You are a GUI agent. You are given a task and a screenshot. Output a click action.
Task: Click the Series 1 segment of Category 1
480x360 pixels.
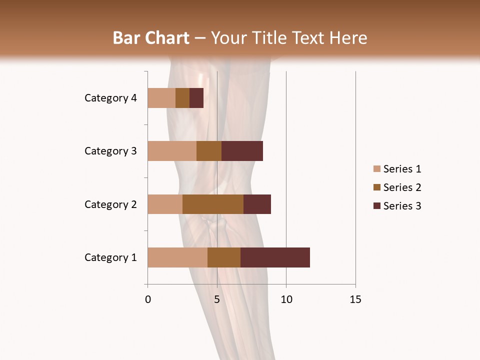[177, 257]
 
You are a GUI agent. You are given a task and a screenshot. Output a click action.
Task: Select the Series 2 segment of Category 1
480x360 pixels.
[224, 257]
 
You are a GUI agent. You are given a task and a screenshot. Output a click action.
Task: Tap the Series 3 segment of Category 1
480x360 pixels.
[275, 257]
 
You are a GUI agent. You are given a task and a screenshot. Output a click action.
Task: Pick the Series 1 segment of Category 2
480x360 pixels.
[165, 204]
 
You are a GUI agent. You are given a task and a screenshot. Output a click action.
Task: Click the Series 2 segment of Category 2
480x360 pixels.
[213, 204]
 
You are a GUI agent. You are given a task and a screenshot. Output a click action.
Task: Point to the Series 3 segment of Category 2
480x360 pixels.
[257, 204]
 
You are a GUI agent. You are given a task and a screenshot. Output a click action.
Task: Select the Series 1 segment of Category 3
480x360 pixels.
[172, 151]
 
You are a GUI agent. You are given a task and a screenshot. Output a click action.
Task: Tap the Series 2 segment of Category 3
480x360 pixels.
[209, 151]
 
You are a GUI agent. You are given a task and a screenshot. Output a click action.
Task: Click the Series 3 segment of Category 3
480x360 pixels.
[242, 151]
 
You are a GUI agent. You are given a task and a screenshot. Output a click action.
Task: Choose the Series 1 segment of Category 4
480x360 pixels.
[161, 98]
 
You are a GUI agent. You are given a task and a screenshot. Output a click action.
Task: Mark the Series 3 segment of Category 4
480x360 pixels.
[196, 98]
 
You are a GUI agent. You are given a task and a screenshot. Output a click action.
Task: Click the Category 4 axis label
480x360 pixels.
[110, 98]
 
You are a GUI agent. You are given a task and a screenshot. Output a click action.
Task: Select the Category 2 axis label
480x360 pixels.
[110, 204]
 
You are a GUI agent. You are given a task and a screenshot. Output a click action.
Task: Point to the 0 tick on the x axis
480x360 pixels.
[148, 299]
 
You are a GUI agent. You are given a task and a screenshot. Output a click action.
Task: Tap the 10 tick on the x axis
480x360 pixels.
[286, 299]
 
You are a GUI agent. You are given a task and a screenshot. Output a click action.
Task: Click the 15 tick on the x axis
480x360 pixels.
[355, 299]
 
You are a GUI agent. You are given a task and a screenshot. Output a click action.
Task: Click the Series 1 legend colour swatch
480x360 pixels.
[376, 169]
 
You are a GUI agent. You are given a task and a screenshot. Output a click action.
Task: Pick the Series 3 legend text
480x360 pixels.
[402, 206]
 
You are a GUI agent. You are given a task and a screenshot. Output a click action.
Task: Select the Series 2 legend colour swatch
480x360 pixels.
[376, 187]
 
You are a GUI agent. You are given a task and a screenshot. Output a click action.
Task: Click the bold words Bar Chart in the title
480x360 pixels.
[151, 38]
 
